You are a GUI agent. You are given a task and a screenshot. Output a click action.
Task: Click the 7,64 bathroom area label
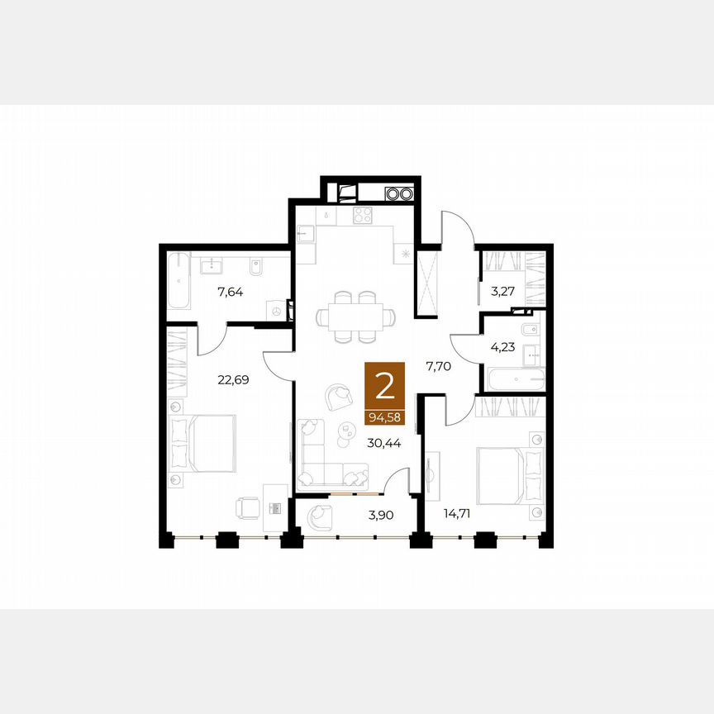(x=230, y=292)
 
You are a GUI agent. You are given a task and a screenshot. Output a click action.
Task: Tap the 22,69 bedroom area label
(x=233, y=379)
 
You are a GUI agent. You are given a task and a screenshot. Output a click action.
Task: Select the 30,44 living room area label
(x=384, y=443)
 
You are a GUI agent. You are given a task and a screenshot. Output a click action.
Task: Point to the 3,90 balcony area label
(x=381, y=515)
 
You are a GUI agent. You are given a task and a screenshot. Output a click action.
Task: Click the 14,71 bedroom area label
(x=457, y=514)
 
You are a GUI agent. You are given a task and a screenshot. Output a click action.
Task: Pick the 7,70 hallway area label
(x=439, y=366)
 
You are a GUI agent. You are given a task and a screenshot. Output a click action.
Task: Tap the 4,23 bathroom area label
(x=502, y=347)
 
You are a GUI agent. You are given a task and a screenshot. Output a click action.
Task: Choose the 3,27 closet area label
(x=502, y=292)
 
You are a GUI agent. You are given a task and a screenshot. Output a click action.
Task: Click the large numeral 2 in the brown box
(x=385, y=387)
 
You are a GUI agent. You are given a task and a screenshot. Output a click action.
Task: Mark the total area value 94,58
(x=385, y=417)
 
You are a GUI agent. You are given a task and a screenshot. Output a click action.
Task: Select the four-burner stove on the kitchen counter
(x=363, y=215)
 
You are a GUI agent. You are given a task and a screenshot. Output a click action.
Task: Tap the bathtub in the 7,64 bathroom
(x=178, y=281)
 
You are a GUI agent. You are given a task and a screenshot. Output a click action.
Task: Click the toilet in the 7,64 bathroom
(x=255, y=267)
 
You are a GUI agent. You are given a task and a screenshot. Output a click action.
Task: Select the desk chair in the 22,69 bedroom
(x=248, y=507)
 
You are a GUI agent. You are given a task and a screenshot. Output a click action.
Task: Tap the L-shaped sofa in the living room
(x=326, y=460)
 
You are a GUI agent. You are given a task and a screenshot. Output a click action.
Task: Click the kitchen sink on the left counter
(x=306, y=234)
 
